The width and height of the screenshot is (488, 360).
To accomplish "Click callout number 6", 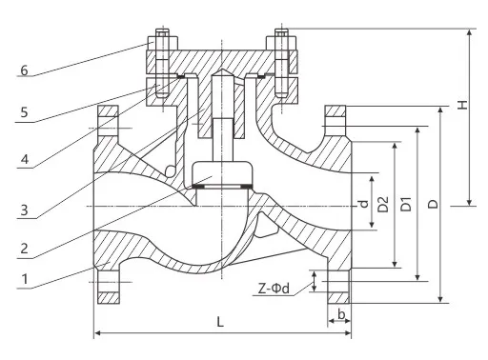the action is coord(24,70).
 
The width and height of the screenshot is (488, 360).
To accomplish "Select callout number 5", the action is coord(24,112).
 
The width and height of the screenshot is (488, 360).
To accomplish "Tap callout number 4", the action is coord(25,159).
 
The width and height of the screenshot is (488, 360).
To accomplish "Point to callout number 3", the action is coord(24,210).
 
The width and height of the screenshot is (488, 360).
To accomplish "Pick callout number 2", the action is coord(24,249).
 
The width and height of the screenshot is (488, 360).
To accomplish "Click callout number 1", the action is coord(25,279).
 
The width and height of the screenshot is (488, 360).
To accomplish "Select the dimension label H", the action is coord(462,105).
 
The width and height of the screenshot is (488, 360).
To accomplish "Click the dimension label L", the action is coord(220,322).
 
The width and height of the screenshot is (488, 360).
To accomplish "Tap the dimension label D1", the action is coord(406,204).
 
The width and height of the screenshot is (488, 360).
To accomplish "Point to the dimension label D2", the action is coord(383,204).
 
